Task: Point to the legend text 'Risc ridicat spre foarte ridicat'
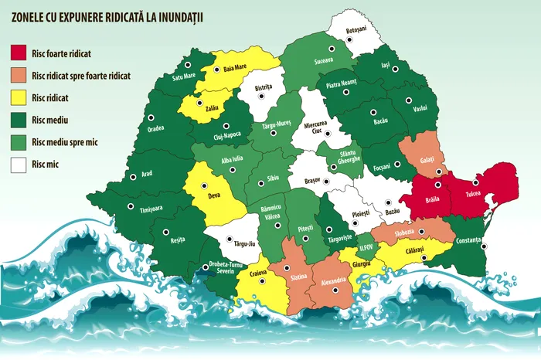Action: pyautogui.click(x=81, y=76)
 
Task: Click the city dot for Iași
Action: pyautogui.click(x=395, y=69)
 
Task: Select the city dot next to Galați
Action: pyautogui.click(x=439, y=172)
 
